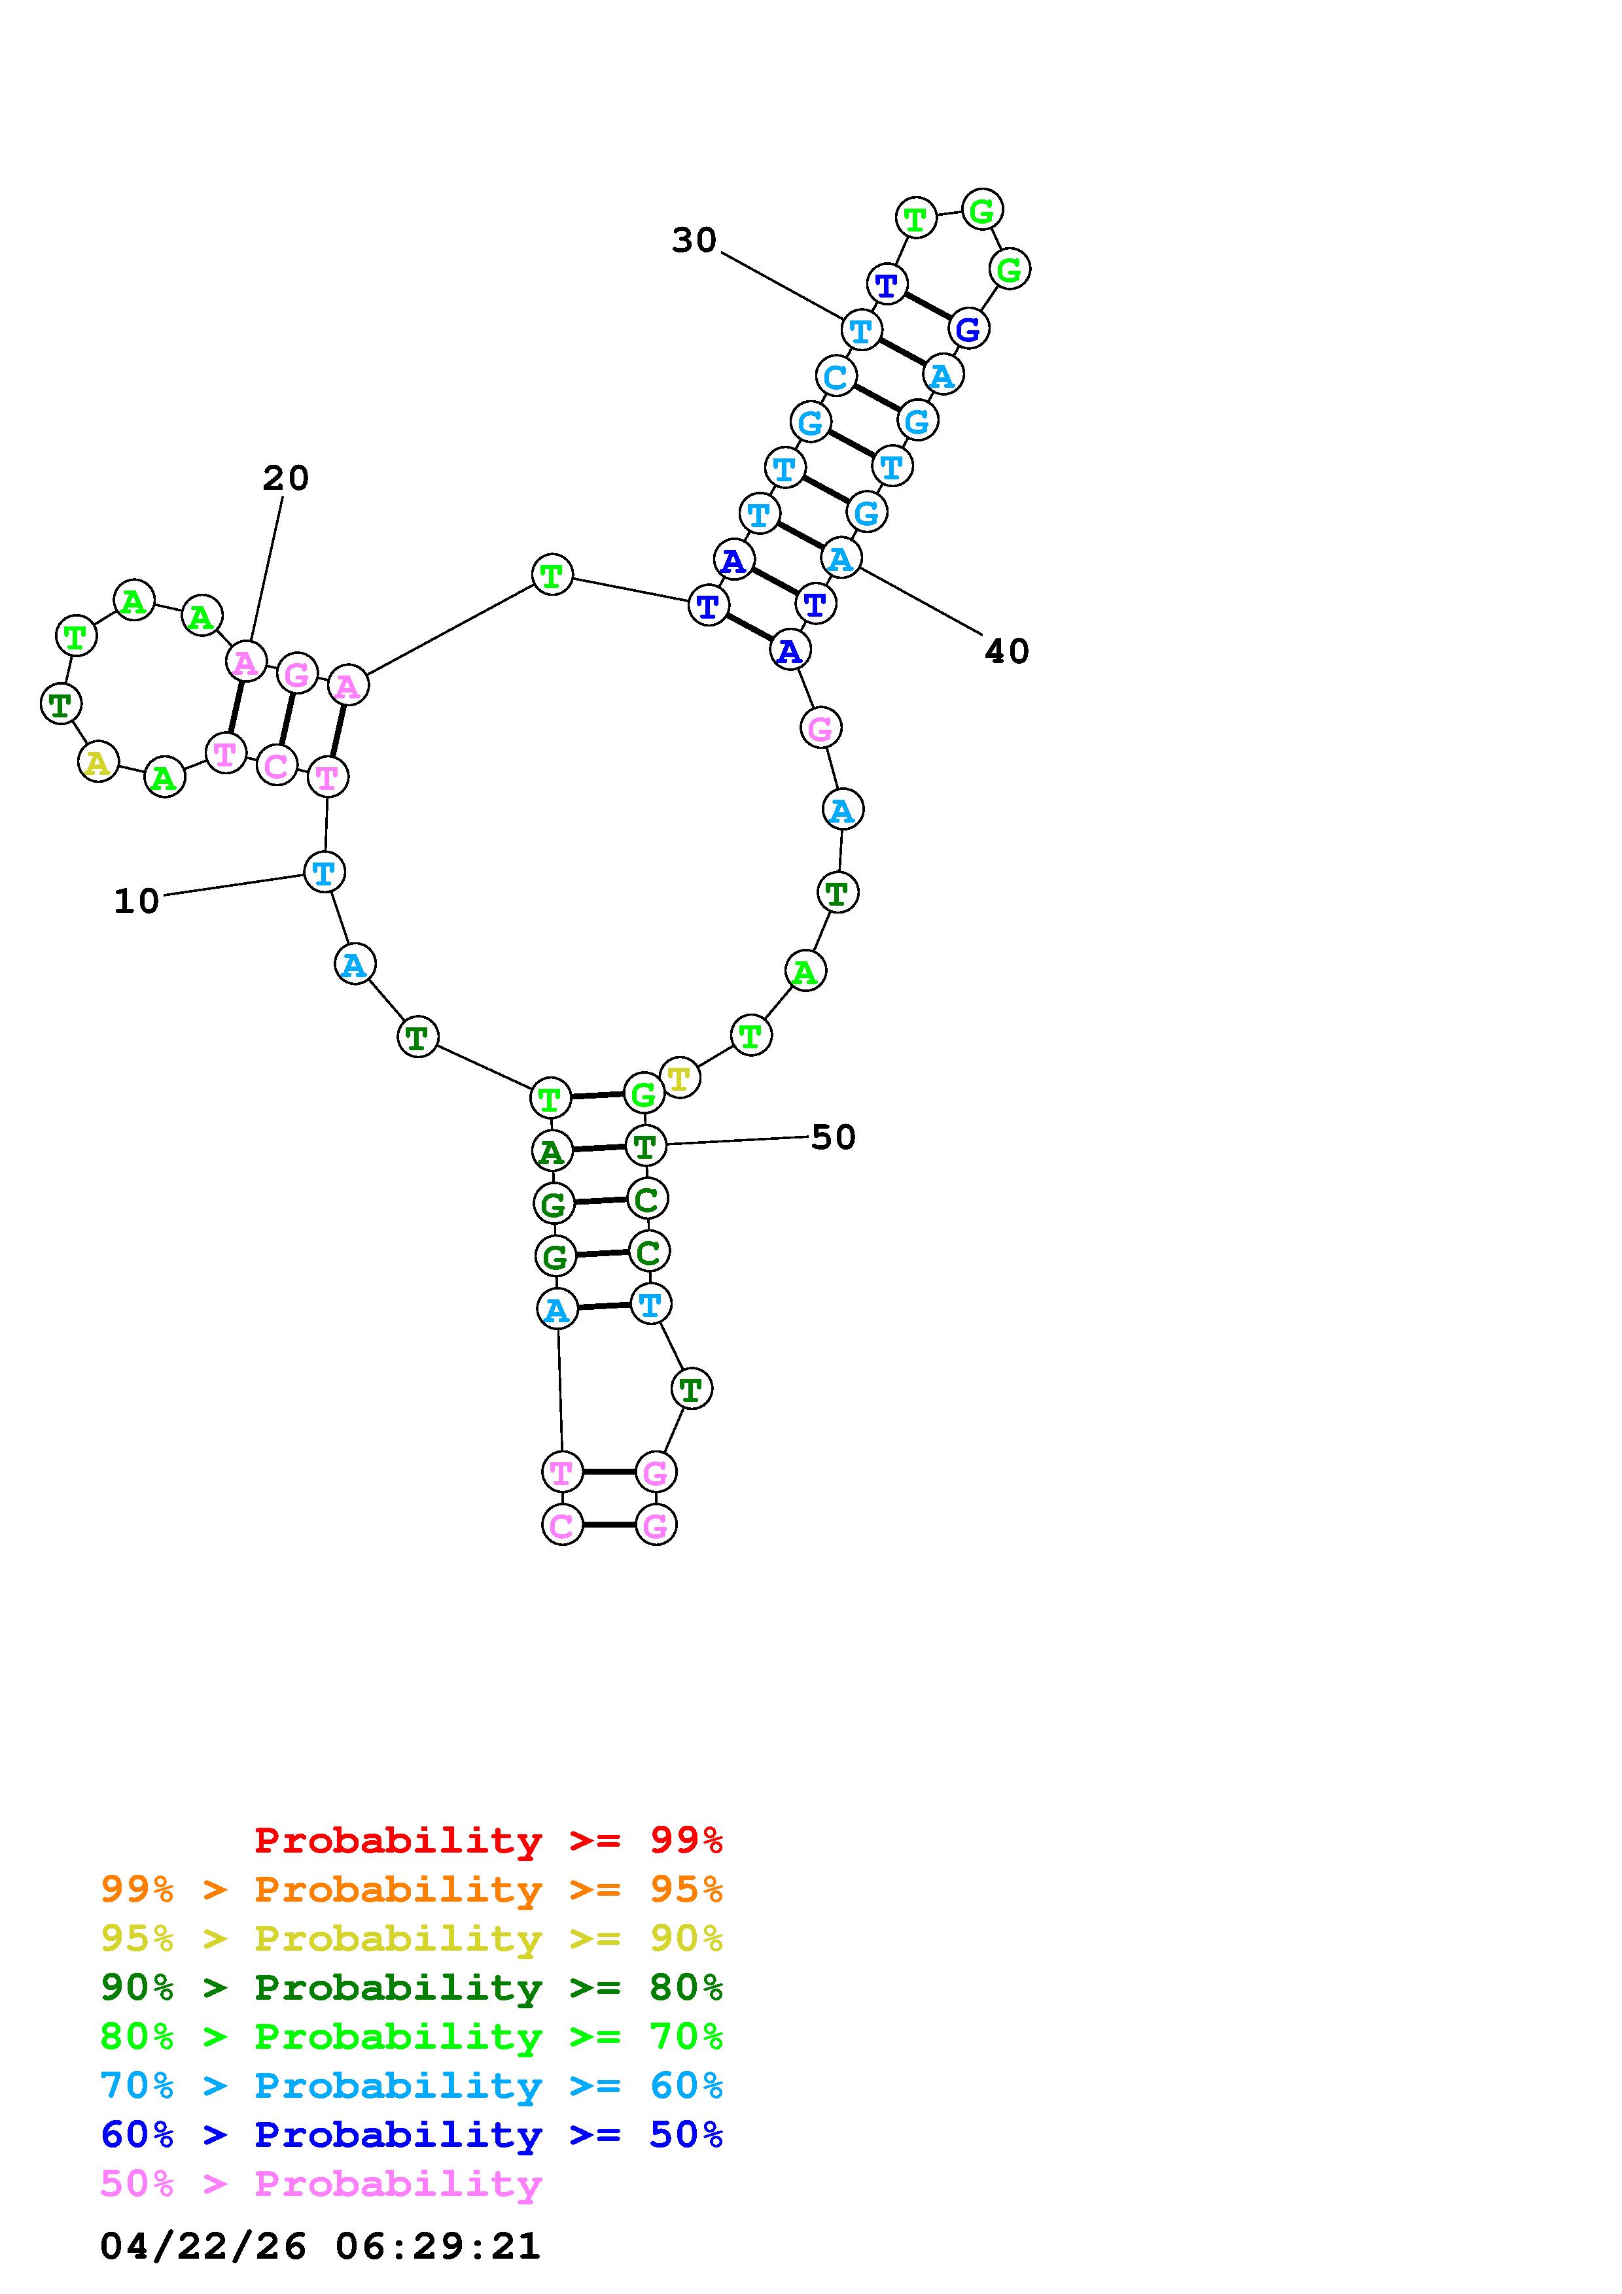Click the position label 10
[x=136, y=901]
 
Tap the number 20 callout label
[x=286, y=479]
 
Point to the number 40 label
[x=1006, y=651]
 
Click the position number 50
[x=834, y=1137]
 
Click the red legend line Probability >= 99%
[x=489, y=1840]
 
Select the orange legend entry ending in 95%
[x=412, y=1889]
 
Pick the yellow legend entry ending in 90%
[x=412, y=1938]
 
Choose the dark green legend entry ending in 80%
[x=412, y=1987]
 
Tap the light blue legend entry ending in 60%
[x=412, y=2085]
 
